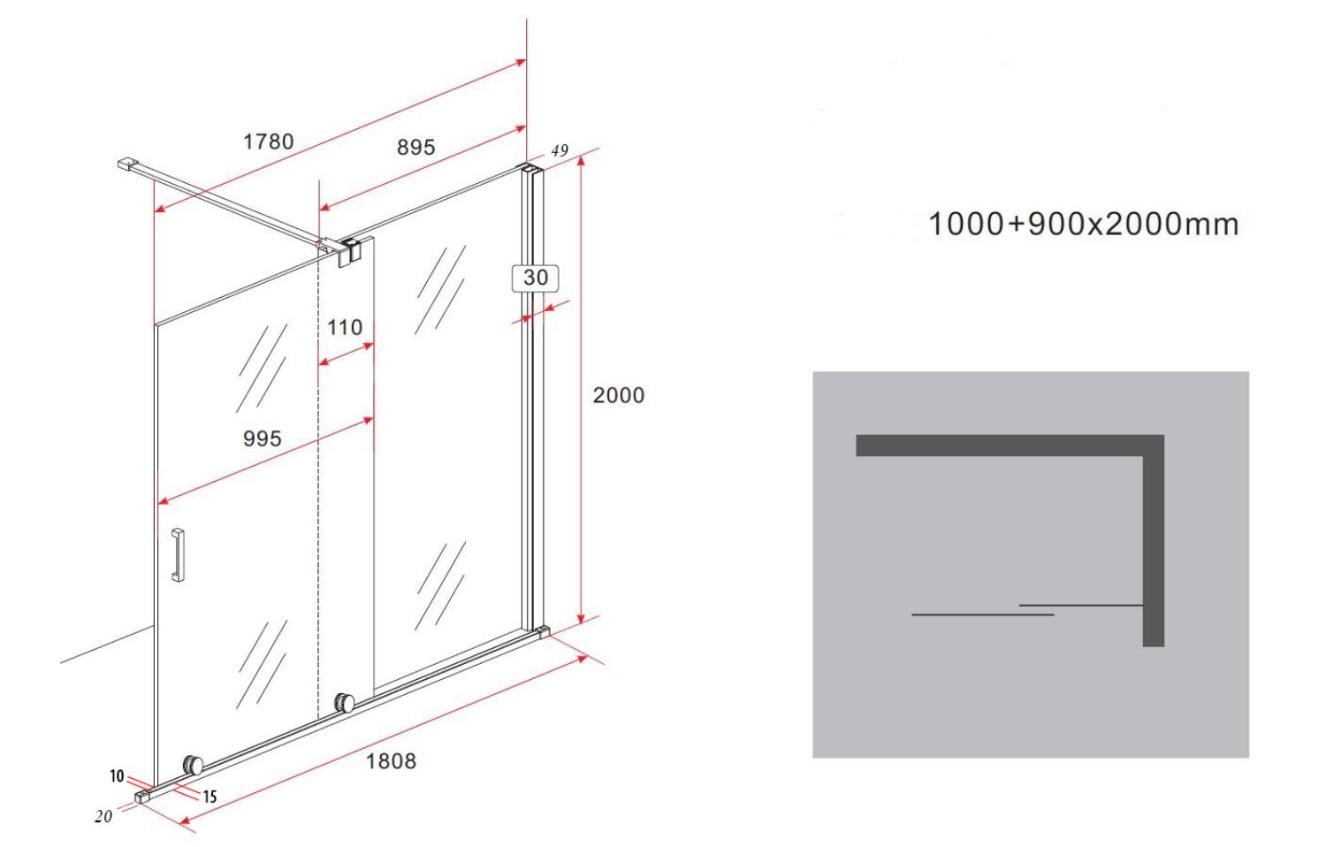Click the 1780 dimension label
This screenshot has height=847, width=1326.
click(x=268, y=142)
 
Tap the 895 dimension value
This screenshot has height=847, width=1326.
click(x=415, y=148)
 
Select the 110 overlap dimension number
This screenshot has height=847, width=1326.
click(x=345, y=327)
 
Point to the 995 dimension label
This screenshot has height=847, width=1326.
click(x=263, y=439)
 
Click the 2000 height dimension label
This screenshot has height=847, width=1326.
click(x=619, y=395)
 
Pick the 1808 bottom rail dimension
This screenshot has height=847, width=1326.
click(x=391, y=761)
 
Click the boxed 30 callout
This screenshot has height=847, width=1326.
click(x=535, y=279)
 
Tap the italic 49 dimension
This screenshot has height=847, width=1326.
click(x=560, y=151)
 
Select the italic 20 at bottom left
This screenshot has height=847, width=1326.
click(x=103, y=817)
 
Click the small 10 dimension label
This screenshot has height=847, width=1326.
click(x=117, y=776)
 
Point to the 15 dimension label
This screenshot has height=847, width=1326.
click(x=210, y=797)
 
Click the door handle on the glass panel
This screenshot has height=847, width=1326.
click(x=178, y=554)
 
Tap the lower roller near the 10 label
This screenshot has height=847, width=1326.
click(x=193, y=766)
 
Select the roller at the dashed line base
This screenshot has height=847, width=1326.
click(x=344, y=703)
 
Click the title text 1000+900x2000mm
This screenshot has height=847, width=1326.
click(x=1083, y=225)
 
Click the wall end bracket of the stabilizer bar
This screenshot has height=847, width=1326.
click(x=126, y=164)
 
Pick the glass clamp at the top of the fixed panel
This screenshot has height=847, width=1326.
click(x=349, y=252)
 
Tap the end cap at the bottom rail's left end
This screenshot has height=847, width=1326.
click(x=142, y=796)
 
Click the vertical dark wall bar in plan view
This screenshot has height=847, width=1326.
click(x=1153, y=540)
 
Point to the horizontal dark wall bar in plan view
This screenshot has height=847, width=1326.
click(x=1010, y=446)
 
